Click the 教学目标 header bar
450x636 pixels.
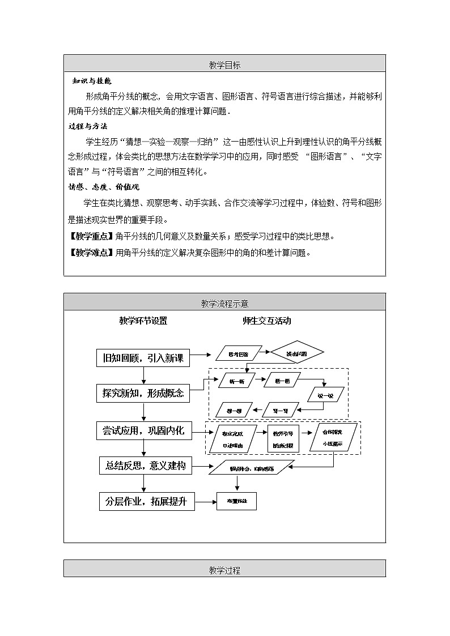point(224,65)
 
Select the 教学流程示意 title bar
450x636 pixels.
point(224,304)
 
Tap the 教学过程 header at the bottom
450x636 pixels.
point(224,570)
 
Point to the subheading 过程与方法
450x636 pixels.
point(88,126)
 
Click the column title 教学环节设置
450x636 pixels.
point(143,321)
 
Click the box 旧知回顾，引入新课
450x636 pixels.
point(143,358)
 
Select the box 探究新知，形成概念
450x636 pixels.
point(143,394)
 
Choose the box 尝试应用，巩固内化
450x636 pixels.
point(144,431)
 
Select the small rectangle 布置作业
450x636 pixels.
point(236,501)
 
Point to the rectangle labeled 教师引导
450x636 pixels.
point(283,438)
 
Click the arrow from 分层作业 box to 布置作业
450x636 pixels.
point(206,501)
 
